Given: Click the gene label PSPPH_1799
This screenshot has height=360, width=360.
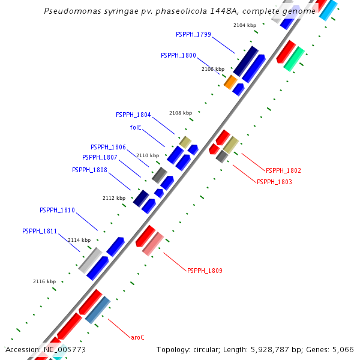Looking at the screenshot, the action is (194, 34).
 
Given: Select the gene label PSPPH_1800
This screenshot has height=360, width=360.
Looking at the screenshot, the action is (178, 55).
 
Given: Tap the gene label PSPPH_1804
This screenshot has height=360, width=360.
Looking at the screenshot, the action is (133, 115).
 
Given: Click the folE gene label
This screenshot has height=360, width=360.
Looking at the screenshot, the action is (136, 127).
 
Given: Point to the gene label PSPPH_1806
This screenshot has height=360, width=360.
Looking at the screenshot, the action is (108, 147).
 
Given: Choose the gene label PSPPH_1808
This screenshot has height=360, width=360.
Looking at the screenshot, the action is (89, 170).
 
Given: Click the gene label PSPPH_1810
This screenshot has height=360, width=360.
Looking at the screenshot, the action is (57, 210).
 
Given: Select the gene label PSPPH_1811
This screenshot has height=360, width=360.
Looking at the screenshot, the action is (40, 231).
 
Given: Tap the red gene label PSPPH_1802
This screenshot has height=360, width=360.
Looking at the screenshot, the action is (283, 170).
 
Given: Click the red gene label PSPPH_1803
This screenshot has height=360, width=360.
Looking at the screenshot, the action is (274, 182).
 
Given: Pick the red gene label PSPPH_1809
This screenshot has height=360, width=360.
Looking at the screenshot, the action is (205, 271).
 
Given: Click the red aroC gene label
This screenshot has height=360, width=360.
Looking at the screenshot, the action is (137, 337).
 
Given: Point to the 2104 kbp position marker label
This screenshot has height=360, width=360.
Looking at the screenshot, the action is (245, 25).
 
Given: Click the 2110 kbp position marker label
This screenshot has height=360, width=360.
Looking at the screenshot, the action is (148, 155).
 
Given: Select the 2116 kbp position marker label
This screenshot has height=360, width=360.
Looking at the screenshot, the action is (44, 281).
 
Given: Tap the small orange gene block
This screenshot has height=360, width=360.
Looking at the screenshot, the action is (230, 82).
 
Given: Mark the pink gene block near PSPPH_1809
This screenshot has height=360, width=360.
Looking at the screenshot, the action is (152, 243).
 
